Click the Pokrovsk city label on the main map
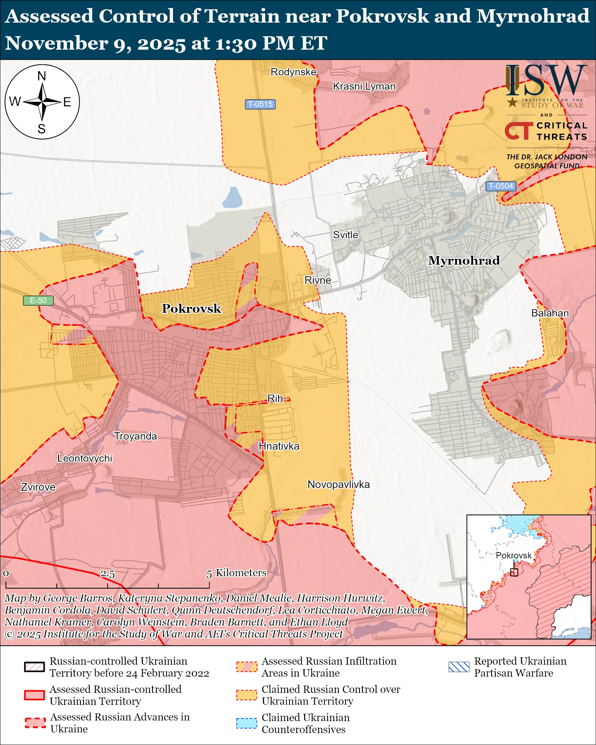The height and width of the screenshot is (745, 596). (191, 308)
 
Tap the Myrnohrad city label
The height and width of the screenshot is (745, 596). (464, 260)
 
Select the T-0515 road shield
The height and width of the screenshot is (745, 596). (260, 104)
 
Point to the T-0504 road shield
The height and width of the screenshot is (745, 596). (501, 186)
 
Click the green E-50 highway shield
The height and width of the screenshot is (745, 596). (38, 300)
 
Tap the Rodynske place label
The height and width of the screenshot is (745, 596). (293, 72)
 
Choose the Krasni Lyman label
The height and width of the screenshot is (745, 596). (364, 86)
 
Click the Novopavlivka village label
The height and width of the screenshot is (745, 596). (338, 484)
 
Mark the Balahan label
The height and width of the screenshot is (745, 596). (550, 313)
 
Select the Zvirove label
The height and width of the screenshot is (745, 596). (38, 487)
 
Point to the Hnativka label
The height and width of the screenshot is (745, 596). (279, 446)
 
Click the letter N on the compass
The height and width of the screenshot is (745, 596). (42, 76)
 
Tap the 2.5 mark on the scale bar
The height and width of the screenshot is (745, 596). (108, 574)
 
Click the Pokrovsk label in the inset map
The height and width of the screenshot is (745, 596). (513, 555)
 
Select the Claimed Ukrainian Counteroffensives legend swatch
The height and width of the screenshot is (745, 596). (246, 723)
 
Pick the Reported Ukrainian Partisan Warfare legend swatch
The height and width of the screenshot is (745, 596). (459, 667)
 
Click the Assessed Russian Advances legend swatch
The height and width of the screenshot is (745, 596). (35, 723)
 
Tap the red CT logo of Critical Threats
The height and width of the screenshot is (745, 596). (518, 131)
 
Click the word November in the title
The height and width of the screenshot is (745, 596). (56, 43)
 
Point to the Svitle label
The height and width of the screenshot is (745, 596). (345, 235)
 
